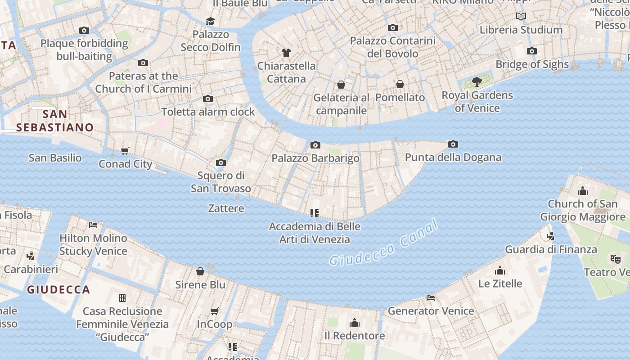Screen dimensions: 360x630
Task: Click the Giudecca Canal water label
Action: tap(383, 243)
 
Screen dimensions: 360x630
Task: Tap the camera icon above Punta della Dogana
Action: tap(453, 144)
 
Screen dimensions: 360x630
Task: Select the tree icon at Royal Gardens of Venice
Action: tap(477, 82)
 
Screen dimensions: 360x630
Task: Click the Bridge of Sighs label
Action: tap(532, 64)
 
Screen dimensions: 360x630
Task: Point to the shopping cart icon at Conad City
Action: tap(125, 151)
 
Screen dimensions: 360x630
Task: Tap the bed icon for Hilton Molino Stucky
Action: tap(93, 225)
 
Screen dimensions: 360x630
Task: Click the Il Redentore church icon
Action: tap(355, 323)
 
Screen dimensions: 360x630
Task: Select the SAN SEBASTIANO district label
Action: tap(54, 121)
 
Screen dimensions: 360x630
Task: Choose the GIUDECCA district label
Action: tap(58, 289)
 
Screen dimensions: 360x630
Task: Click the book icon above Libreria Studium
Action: tap(521, 17)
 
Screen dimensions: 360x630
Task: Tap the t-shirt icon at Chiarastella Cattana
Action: tap(286, 53)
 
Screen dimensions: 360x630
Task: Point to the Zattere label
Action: tap(226, 208)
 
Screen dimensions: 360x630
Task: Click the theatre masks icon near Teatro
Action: tap(615, 259)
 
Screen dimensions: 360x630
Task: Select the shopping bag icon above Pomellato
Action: tap(400, 84)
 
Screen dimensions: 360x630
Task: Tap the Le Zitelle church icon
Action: tap(499, 270)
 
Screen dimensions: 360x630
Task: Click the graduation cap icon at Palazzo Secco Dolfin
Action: tap(210, 21)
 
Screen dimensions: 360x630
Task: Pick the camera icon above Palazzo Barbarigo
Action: tap(315, 145)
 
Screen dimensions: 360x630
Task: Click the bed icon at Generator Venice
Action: tap(430, 297)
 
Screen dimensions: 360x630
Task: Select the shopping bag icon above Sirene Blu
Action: tap(200, 271)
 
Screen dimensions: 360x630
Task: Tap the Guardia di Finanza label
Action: tap(551, 249)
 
